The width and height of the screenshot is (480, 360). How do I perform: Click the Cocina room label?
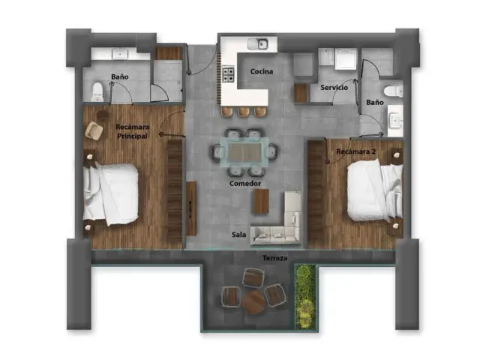click(x=262, y=72)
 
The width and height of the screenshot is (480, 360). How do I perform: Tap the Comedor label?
click(x=245, y=183)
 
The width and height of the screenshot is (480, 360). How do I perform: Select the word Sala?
click(x=238, y=235)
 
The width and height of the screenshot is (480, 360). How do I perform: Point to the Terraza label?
click(x=275, y=258)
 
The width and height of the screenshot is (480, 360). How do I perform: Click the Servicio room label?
click(x=334, y=88)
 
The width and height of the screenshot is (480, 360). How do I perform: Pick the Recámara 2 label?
click(x=355, y=151)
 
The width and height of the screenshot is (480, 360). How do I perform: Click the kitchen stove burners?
click(x=228, y=75)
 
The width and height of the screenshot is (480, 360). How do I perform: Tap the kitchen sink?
click(x=258, y=44)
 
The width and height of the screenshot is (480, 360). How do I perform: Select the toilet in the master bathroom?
click(x=97, y=91)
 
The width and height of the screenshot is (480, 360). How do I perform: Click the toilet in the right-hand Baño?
click(x=394, y=91)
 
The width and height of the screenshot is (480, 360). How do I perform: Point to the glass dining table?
click(x=244, y=151)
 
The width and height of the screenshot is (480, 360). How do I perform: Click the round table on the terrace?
click(x=253, y=301)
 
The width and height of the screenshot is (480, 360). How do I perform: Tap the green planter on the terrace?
click(x=305, y=297)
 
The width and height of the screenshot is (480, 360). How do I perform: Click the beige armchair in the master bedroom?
click(x=94, y=130)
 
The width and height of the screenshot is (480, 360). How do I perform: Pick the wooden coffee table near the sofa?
click(x=261, y=201)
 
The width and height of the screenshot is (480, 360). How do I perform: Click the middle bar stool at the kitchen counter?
click(x=243, y=112)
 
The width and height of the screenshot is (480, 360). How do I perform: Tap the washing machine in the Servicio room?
click(x=346, y=58)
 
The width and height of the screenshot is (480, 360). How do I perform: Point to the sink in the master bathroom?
click(x=120, y=55)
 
